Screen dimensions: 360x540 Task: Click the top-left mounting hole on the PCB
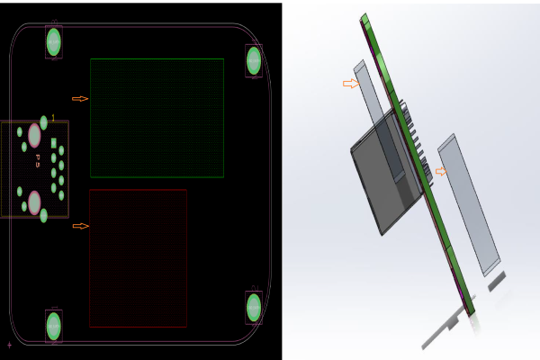point(54,41)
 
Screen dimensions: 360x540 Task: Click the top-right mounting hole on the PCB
point(254,60)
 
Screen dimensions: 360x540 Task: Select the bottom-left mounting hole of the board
point(54,325)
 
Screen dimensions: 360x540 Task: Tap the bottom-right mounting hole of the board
point(254,307)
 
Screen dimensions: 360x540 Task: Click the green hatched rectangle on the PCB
point(157,118)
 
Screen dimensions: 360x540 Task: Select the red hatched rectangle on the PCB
point(138,257)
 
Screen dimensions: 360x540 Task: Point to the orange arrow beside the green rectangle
point(80,98)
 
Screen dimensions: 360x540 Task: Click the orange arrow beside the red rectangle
point(80,226)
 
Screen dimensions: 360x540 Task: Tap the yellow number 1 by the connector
point(53,118)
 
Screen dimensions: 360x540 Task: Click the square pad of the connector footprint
point(54,143)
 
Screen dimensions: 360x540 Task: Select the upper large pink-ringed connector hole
point(34,135)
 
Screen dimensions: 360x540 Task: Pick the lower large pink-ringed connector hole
point(34,202)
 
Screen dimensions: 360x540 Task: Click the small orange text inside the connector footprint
point(38,161)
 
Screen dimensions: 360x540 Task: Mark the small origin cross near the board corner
point(10,344)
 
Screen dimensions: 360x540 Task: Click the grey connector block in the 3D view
point(378,175)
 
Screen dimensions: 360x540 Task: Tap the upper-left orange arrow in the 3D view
point(351,84)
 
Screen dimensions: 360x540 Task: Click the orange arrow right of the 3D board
point(440,171)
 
